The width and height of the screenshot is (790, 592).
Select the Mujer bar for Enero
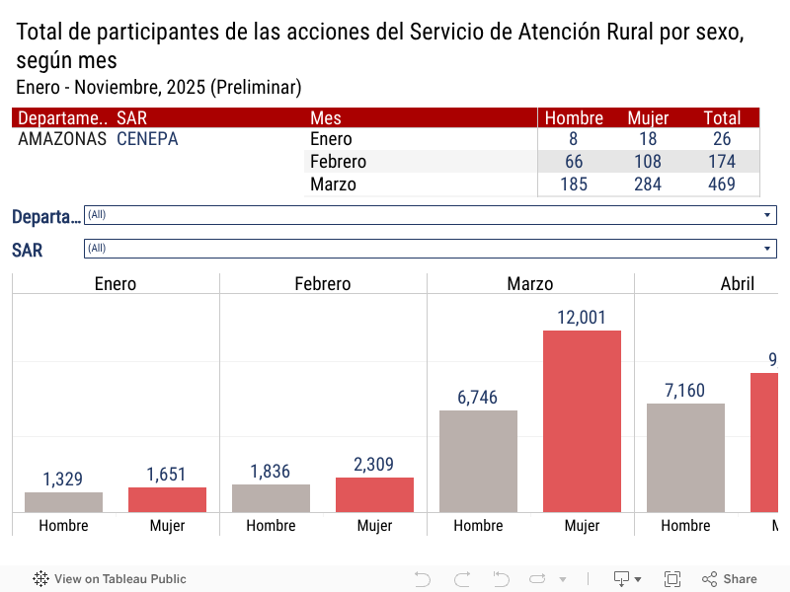coord(167,499)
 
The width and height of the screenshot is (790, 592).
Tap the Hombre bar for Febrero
coord(271,498)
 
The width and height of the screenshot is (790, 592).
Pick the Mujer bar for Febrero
coord(374,494)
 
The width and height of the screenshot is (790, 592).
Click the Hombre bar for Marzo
coord(478,461)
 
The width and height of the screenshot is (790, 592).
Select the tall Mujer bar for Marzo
coord(582,421)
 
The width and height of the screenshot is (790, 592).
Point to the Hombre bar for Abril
coord(685,458)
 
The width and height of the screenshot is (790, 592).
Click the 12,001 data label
coord(582,318)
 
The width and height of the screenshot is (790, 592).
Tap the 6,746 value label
coord(478,398)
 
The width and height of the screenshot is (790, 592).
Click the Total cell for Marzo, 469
coord(722,185)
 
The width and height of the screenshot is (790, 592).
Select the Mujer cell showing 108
coord(648,162)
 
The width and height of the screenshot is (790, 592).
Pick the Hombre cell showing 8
coord(574,139)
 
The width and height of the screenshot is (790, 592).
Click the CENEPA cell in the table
coord(147,139)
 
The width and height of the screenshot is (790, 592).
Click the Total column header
coord(722,117)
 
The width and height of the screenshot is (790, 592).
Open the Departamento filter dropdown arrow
coord(767,215)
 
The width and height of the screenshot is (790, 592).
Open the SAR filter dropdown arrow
coord(767,249)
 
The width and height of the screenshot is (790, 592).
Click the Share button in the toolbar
coord(730,579)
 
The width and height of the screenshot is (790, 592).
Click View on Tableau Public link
coord(110,579)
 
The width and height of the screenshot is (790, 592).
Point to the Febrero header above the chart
coord(323,284)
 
